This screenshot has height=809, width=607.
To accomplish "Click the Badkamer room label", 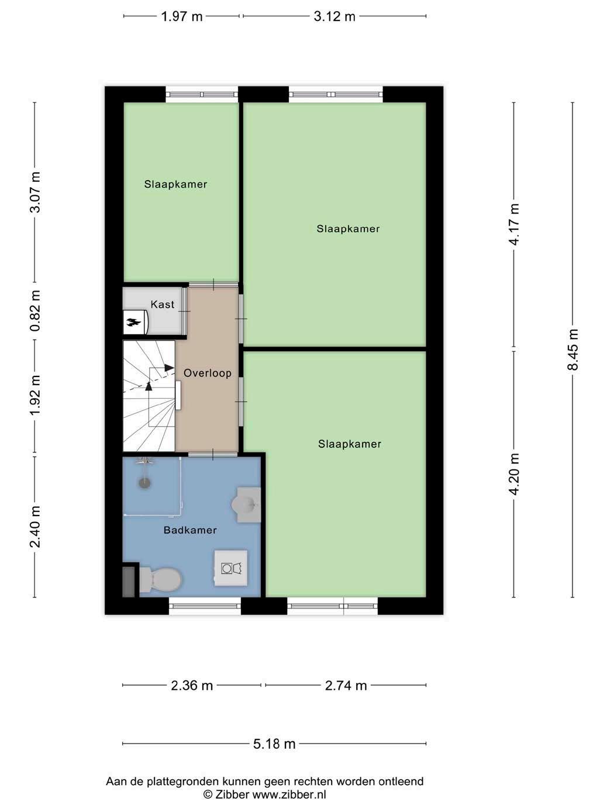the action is (x=190, y=530).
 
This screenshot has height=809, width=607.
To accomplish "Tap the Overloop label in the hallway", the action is (x=208, y=373).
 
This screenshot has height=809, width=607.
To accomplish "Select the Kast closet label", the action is (x=163, y=305).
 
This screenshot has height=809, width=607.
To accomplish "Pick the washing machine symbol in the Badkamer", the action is (x=231, y=568).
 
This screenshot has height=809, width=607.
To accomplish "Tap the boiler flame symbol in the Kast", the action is (x=133, y=323).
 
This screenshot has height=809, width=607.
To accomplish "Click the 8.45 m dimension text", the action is (x=573, y=349).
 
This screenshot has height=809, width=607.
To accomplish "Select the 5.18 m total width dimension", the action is (x=274, y=744).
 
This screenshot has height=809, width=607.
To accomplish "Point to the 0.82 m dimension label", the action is (x=35, y=311).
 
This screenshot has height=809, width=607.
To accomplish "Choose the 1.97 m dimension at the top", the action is (x=182, y=16).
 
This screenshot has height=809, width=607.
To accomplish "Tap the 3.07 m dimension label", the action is (x=35, y=192).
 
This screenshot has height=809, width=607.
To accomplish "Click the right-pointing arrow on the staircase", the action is (x=169, y=368).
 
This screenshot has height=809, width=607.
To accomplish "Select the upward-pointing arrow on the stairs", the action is (x=149, y=386).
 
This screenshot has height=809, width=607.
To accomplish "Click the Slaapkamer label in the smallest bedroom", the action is (x=175, y=184).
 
